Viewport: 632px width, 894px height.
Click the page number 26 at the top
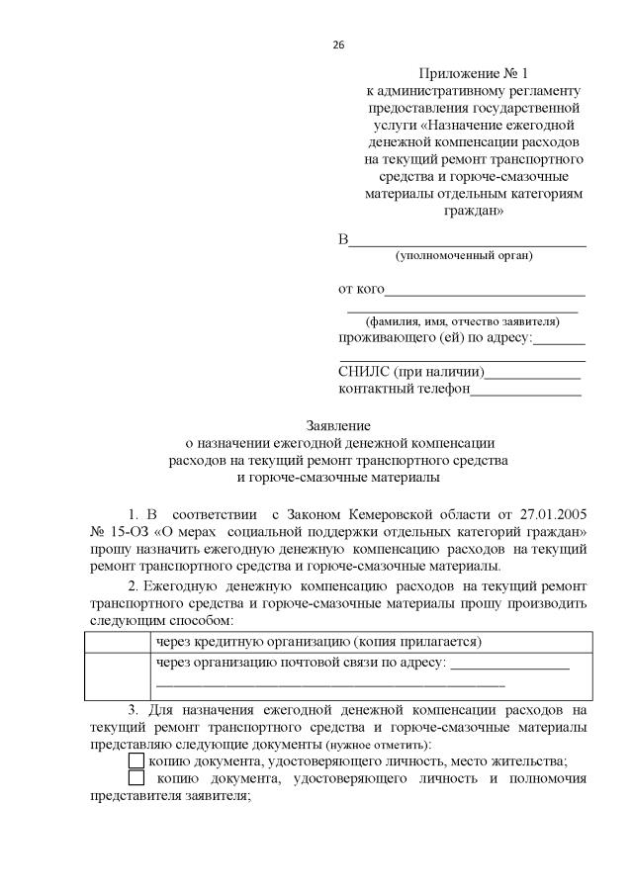(x=337, y=45)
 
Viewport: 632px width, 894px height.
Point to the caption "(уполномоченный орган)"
(x=463, y=256)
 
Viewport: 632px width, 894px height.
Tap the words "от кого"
(x=361, y=289)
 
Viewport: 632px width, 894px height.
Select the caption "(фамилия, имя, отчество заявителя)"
(x=462, y=321)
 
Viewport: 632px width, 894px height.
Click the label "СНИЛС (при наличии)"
(x=410, y=372)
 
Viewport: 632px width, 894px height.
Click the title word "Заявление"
(x=339, y=426)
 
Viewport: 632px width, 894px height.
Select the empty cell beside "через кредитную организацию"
(x=118, y=641)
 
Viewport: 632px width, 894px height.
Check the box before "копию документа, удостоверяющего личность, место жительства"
(x=136, y=760)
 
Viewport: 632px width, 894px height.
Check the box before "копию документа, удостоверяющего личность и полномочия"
(x=136, y=778)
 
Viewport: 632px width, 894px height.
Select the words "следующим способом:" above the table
(x=160, y=620)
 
